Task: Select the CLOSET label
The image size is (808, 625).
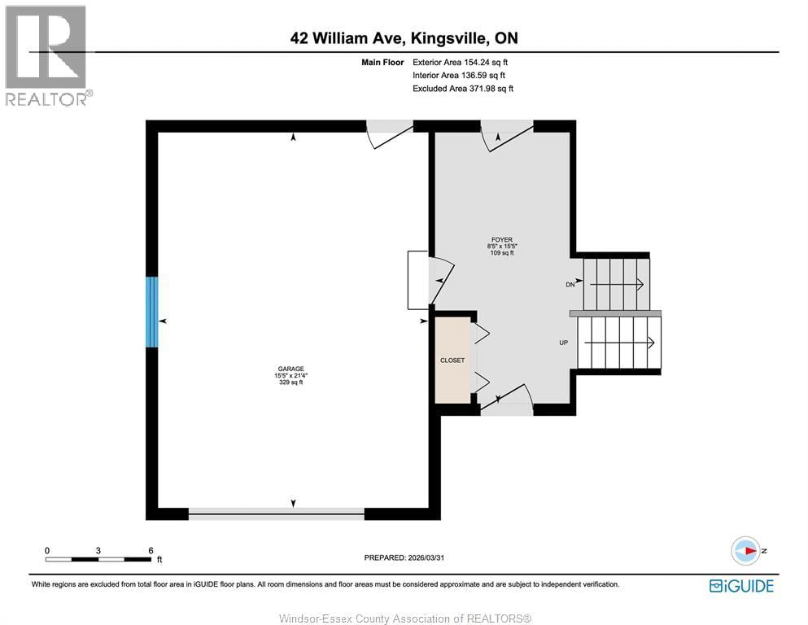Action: (452, 360)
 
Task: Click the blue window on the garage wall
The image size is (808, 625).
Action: (151, 312)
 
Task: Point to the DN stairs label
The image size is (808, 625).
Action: (570, 284)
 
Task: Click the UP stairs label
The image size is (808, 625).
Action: (563, 343)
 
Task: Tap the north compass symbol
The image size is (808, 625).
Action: (745, 551)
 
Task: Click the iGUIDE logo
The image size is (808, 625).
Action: (741, 585)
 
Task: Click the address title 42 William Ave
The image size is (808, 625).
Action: (404, 37)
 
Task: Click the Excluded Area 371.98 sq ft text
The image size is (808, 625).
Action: (462, 88)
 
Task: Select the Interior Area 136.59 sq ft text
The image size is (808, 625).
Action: (461, 75)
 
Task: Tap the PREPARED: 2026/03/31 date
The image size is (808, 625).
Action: (404, 557)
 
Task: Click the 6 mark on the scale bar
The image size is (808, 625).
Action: (151, 551)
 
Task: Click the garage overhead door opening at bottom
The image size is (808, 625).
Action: (277, 513)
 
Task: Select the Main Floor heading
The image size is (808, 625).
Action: (382, 62)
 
